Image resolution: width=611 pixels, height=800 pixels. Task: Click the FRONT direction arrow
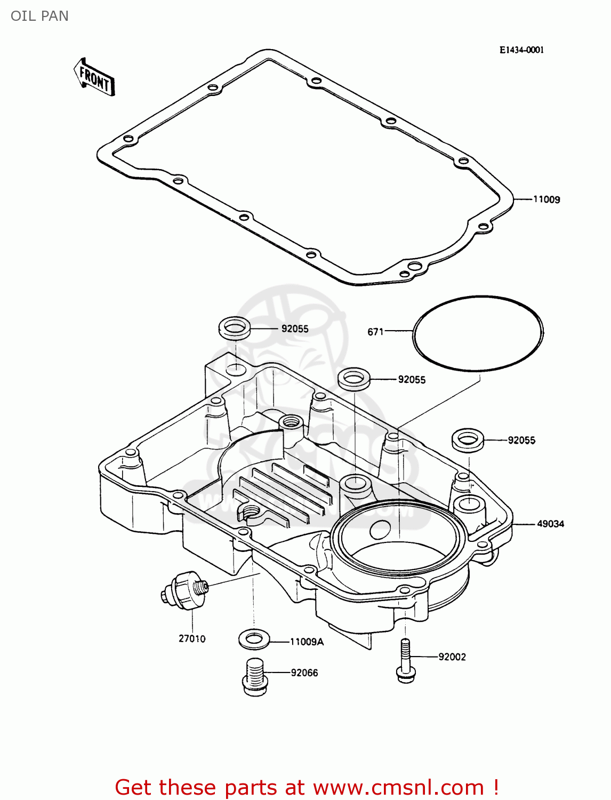[94, 78]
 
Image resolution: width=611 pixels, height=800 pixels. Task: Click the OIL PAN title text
[39, 16]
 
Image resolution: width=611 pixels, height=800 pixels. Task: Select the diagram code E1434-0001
[521, 50]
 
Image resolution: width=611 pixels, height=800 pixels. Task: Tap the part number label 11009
[546, 199]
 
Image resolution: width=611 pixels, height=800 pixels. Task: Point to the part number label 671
[375, 332]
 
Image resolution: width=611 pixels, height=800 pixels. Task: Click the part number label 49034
[550, 524]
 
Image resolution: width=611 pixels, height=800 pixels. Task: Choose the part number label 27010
[192, 638]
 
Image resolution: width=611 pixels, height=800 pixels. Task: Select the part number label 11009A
[307, 642]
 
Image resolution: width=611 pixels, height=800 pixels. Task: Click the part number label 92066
[304, 673]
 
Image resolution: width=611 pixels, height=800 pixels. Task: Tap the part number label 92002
[452, 657]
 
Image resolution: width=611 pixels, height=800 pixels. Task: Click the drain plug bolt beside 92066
[254, 676]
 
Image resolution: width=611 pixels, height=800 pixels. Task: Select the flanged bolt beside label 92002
[405, 661]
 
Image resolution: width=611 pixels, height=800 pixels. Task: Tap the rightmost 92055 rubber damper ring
[468, 439]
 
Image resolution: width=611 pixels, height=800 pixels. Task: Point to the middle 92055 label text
[412, 380]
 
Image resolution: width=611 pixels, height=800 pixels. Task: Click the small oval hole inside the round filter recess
[380, 529]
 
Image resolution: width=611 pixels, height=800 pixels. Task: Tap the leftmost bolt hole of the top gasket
[128, 139]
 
